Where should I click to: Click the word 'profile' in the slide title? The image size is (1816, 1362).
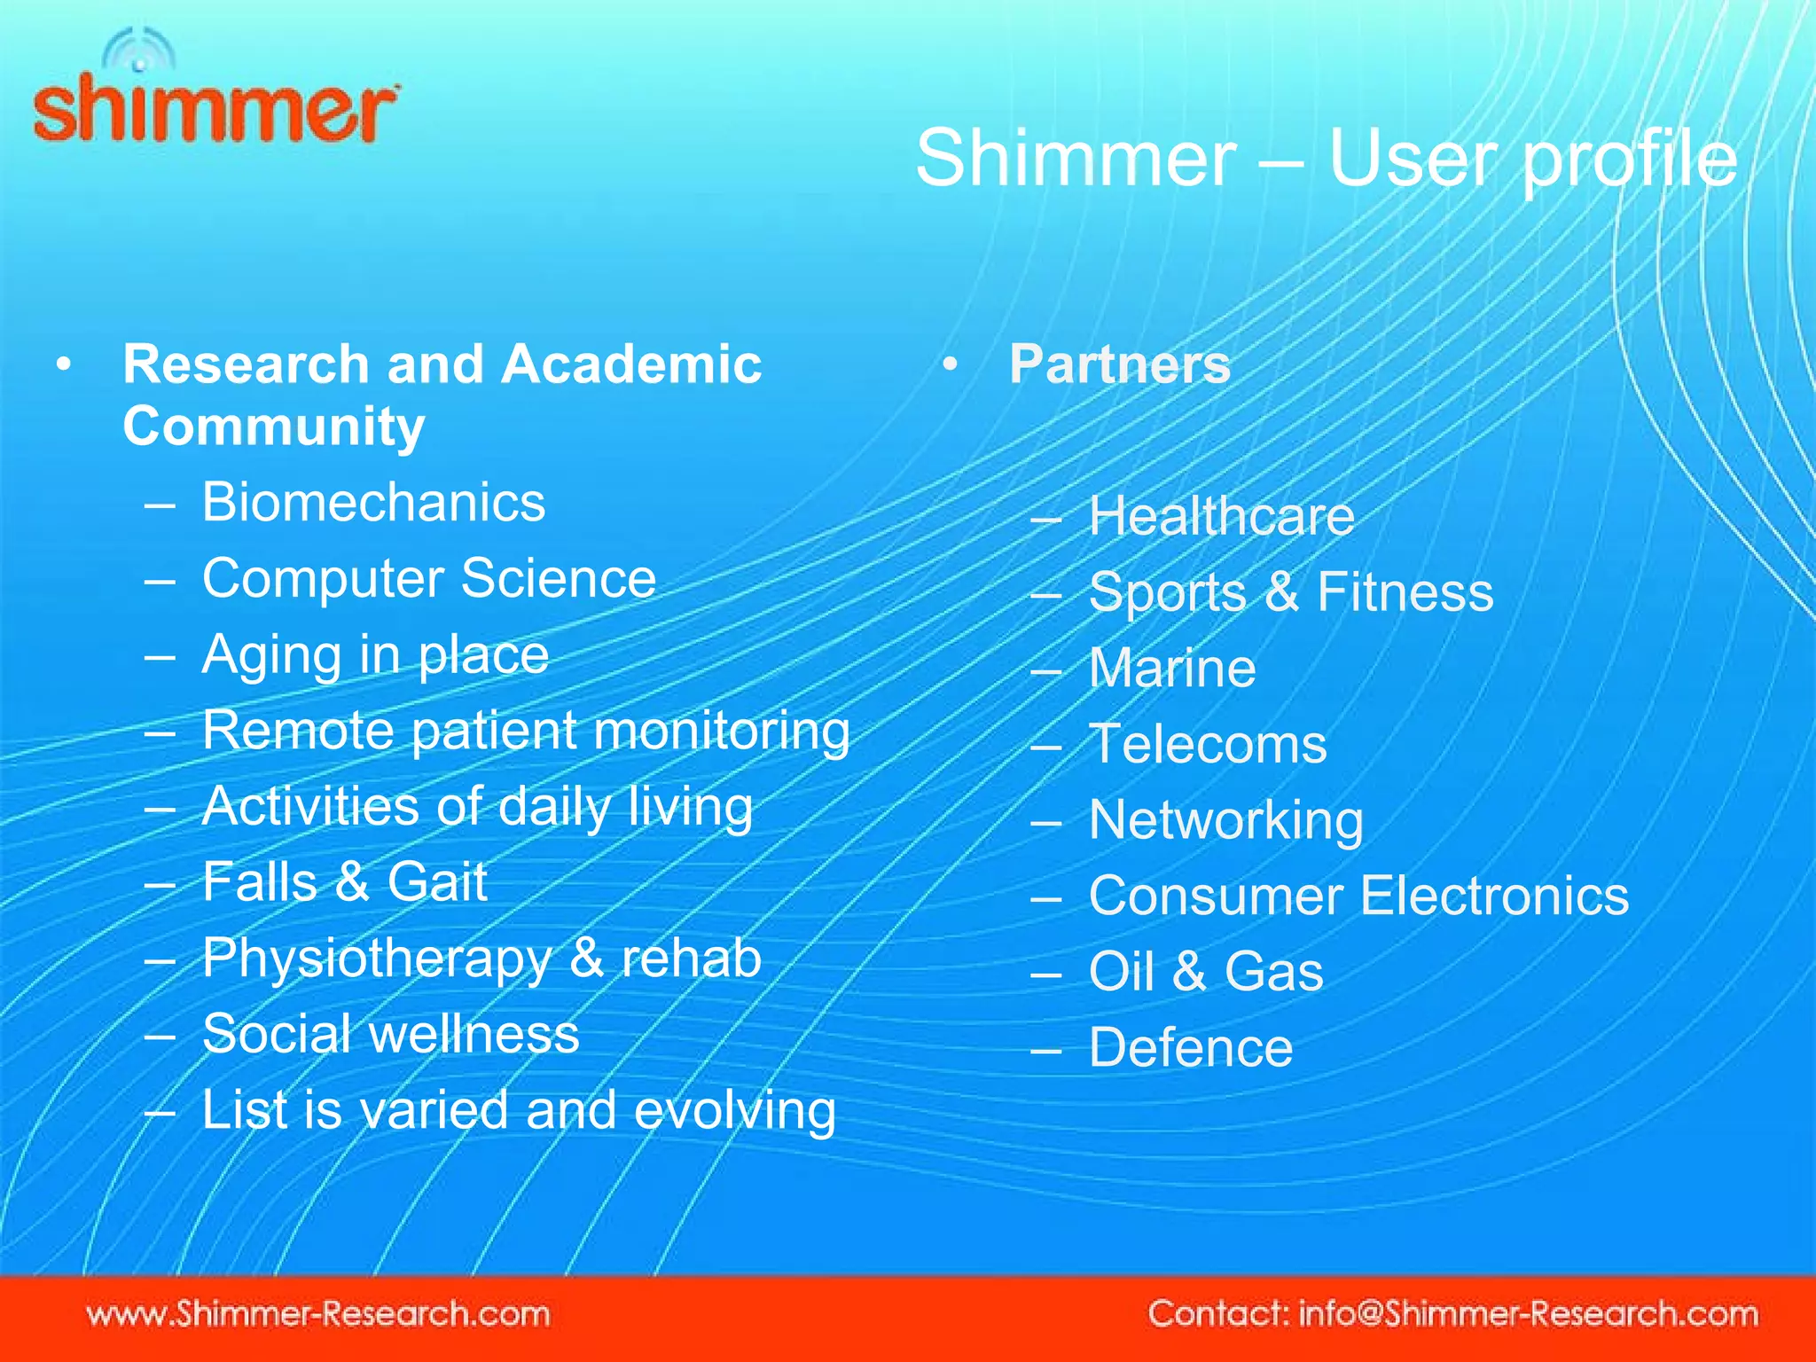[1629, 160]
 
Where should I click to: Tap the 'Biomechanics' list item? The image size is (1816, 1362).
[373, 503]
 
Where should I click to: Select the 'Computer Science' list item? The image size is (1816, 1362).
[429, 579]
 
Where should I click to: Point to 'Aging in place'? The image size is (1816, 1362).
[375, 655]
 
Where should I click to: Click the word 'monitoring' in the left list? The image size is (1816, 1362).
[721, 732]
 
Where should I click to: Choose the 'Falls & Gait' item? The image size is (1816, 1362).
[345, 882]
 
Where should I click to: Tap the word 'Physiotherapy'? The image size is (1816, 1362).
[377, 959]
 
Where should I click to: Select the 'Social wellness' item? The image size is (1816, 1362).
[391, 1034]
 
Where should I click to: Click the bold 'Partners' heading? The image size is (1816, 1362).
[1120, 364]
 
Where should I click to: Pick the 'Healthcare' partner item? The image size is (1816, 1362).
[1221, 516]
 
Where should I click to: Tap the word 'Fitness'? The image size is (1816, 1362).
[1405, 592]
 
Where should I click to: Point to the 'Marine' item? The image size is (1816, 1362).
[1172, 668]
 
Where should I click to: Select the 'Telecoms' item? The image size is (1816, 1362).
[1208, 744]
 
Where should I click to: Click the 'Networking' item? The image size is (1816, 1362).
[1226, 820]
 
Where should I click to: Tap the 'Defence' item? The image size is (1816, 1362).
[1191, 1047]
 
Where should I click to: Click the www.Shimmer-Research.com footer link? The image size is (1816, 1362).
[318, 1313]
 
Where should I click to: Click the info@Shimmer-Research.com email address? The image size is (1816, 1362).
[1528, 1313]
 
